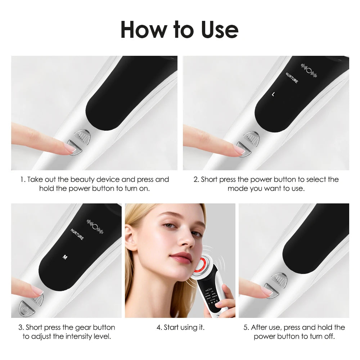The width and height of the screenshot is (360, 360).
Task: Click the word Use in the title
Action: [x=217, y=30]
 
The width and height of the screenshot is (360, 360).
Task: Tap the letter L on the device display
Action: [x=273, y=94]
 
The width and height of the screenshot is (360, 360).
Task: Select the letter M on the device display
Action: [x=65, y=257]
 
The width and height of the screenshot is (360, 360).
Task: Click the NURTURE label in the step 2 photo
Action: [x=292, y=78]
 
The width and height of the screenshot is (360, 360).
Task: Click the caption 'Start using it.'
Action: [x=180, y=328]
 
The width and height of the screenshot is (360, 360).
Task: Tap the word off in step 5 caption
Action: [x=329, y=337]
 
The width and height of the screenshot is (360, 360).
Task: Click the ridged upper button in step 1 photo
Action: [x=82, y=136]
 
